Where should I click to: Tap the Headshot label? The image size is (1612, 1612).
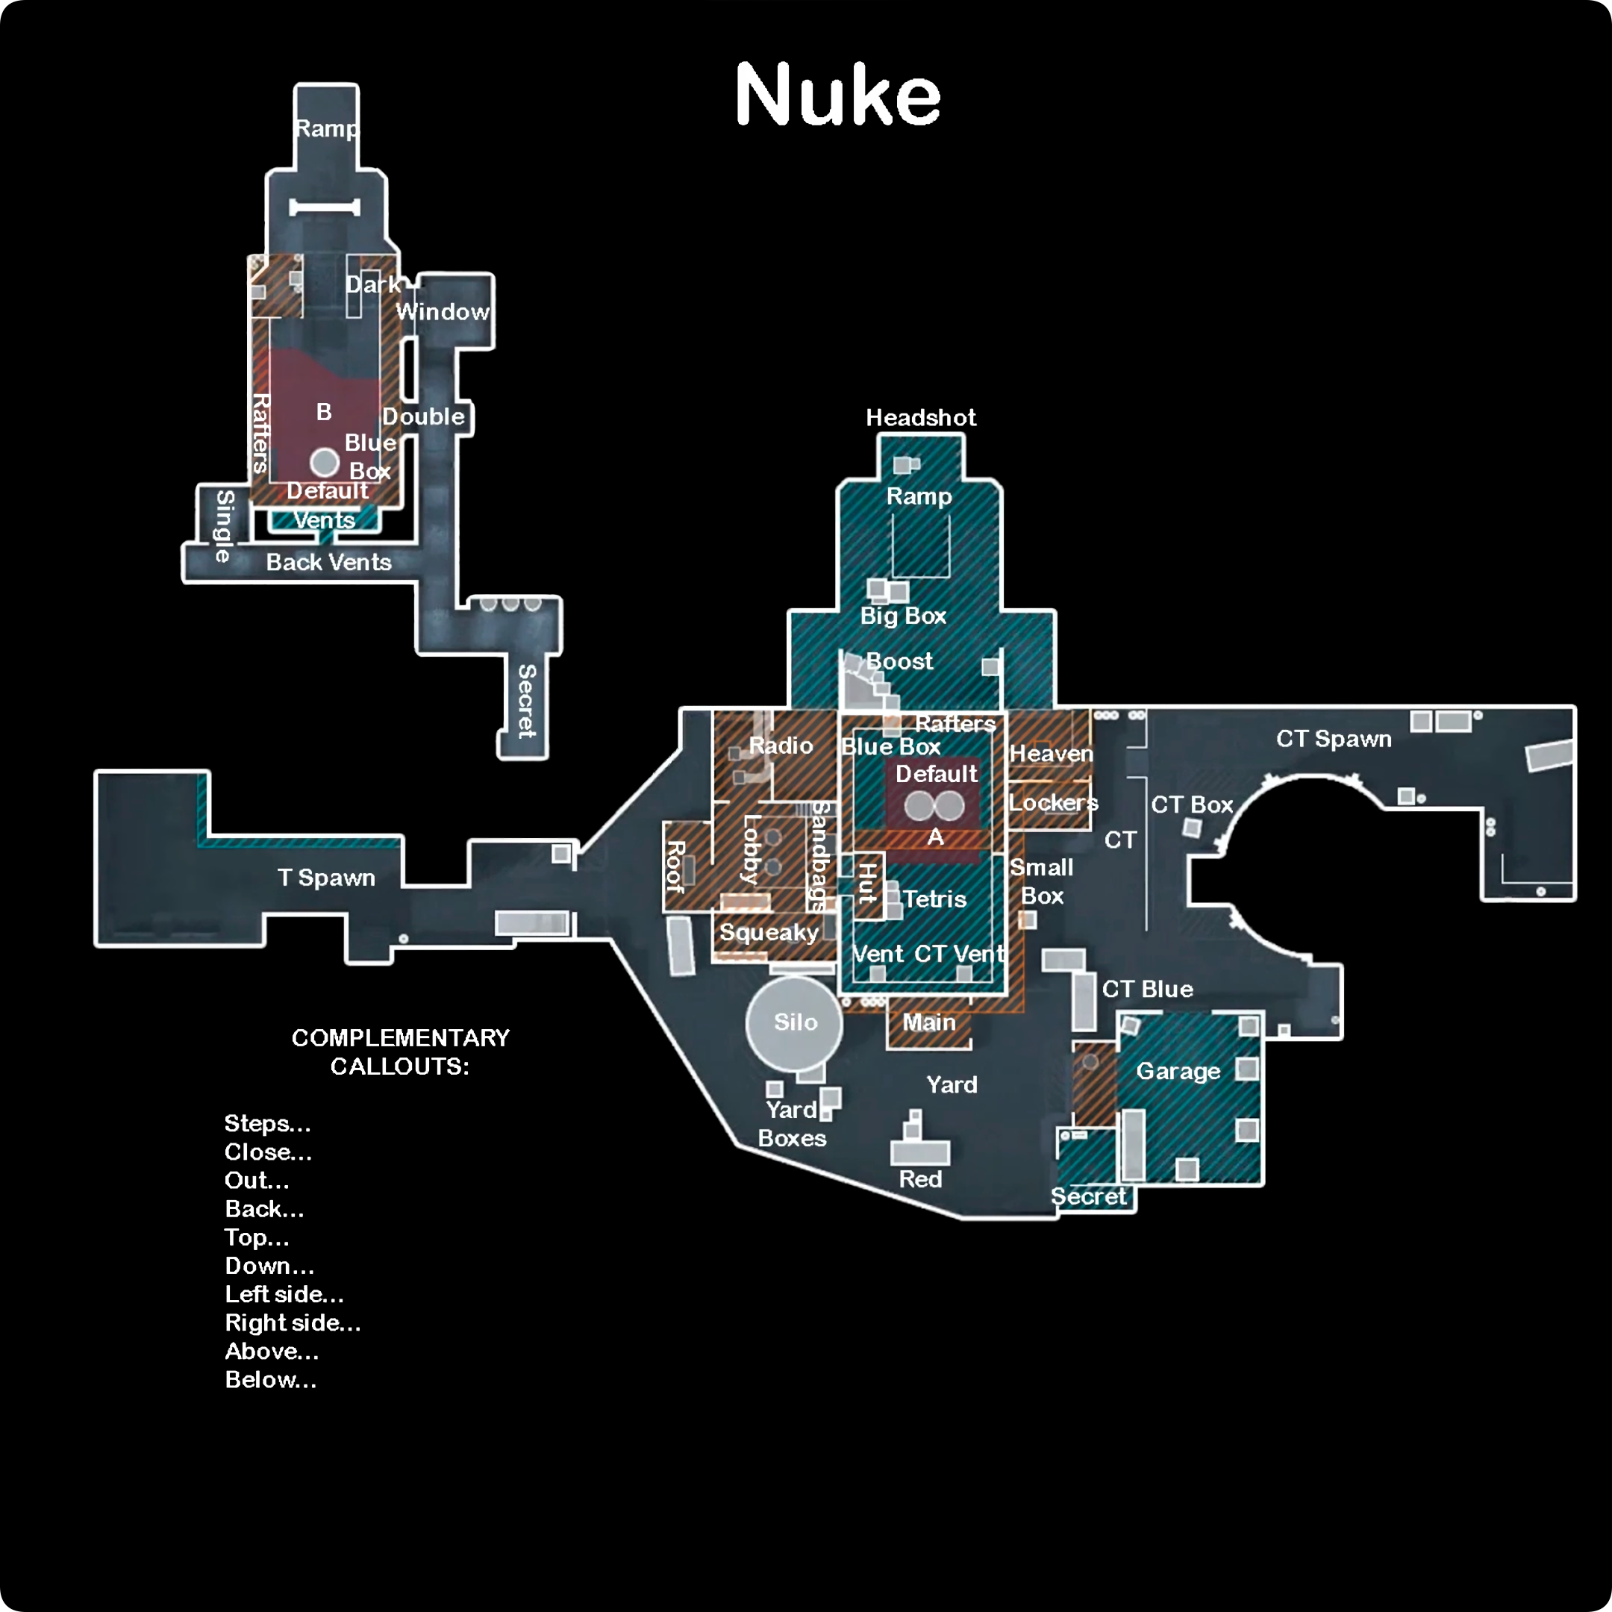click(920, 417)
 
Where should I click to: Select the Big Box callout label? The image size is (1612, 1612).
click(903, 616)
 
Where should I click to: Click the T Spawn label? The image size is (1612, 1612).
click(326, 878)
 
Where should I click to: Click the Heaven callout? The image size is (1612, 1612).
click(1051, 754)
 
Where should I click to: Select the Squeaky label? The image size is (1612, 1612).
click(769, 932)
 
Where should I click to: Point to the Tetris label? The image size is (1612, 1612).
click(934, 899)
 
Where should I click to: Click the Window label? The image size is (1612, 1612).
click(443, 311)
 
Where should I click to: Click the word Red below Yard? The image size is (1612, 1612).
click(920, 1179)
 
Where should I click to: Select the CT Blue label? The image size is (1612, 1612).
click(1147, 989)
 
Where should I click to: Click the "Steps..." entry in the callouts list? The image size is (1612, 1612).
click(267, 1124)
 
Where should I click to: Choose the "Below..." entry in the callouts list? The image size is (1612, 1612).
click(270, 1380)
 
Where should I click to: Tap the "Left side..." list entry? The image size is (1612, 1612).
click(284, 1294)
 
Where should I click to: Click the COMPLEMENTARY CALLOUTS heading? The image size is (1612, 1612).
click(401, 1052)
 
